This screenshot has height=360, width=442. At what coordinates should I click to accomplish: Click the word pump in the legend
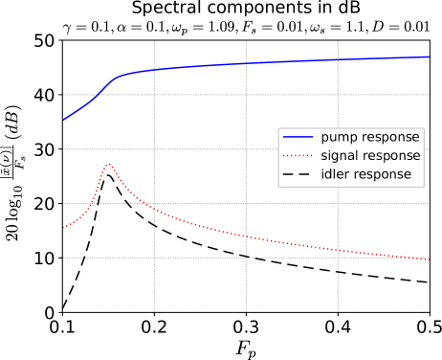[338, 138]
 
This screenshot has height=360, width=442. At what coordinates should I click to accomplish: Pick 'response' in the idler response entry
[382, 174]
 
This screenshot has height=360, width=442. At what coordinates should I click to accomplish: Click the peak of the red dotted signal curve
[108, 163]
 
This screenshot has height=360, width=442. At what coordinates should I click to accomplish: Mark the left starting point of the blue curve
[63, 121]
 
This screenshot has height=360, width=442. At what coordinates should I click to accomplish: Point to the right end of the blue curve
[429, 56]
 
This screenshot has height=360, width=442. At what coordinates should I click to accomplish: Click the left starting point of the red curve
[63, 228]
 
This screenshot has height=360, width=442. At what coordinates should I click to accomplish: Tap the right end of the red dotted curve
[429, 259]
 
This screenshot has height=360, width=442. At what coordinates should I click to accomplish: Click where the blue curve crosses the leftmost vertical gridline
[154, 70]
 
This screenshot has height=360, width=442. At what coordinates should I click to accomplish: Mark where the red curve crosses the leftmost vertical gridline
[154, 210]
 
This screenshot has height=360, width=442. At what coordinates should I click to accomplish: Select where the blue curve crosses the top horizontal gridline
[97, 95]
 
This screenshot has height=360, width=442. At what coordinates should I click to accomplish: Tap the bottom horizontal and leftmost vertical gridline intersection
[154, 258]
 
